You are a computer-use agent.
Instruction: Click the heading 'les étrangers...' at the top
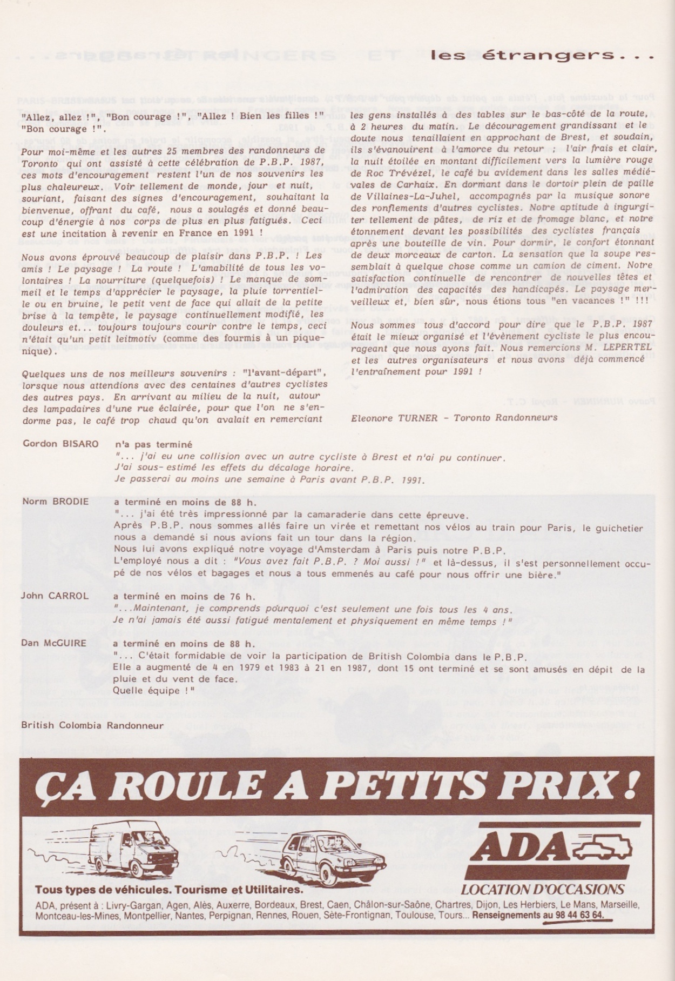[x=543, y=56]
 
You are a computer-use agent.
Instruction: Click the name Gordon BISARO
[x=60, y=444]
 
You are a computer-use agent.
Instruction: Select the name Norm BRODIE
[x=55, y=501]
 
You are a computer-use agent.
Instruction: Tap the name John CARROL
[x=55, y=596]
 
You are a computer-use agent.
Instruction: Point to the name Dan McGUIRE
[x=54, y=643]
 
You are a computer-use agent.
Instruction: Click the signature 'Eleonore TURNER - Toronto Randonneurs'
[x=454, y=417]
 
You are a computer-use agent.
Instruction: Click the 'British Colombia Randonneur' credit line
[x=92, y=725]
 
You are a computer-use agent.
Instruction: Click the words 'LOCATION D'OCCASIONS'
[x=542, y=889]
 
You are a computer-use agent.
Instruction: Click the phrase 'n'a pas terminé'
[x=154, y=444]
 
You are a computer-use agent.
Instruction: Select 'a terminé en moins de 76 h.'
[x=184, y=596]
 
